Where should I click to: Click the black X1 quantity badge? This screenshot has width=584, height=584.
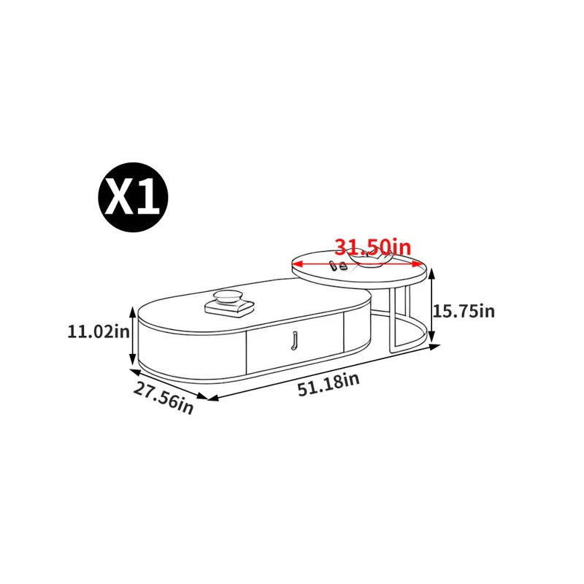pos(133,197)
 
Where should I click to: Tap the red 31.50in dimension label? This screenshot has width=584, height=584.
pos(373,247)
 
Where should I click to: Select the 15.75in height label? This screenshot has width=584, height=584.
pos(464,311)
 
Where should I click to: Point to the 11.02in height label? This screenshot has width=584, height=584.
pos(99,331)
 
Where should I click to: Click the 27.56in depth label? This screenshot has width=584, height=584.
pos(164,398)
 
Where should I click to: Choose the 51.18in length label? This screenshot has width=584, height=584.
pos(329,385)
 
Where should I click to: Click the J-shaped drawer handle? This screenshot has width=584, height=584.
pos(294,340)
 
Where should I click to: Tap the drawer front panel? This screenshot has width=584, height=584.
pos(295,342)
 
